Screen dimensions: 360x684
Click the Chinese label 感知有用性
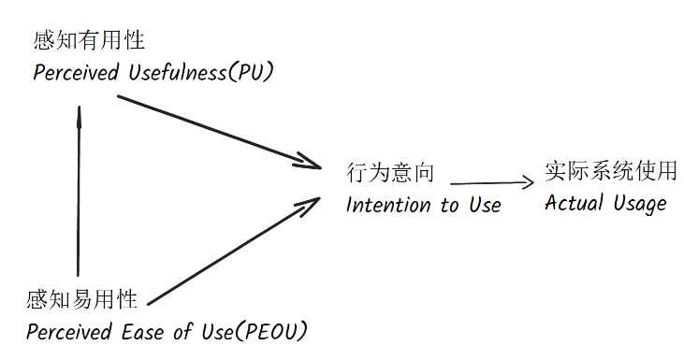point(89,41)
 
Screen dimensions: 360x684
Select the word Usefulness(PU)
point(196,73)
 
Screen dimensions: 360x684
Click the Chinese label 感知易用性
point(82,300)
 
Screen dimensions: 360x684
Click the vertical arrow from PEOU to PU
point(80,196)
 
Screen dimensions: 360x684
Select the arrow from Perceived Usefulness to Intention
point(215,130)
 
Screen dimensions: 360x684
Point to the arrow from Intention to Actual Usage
point(487,183)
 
